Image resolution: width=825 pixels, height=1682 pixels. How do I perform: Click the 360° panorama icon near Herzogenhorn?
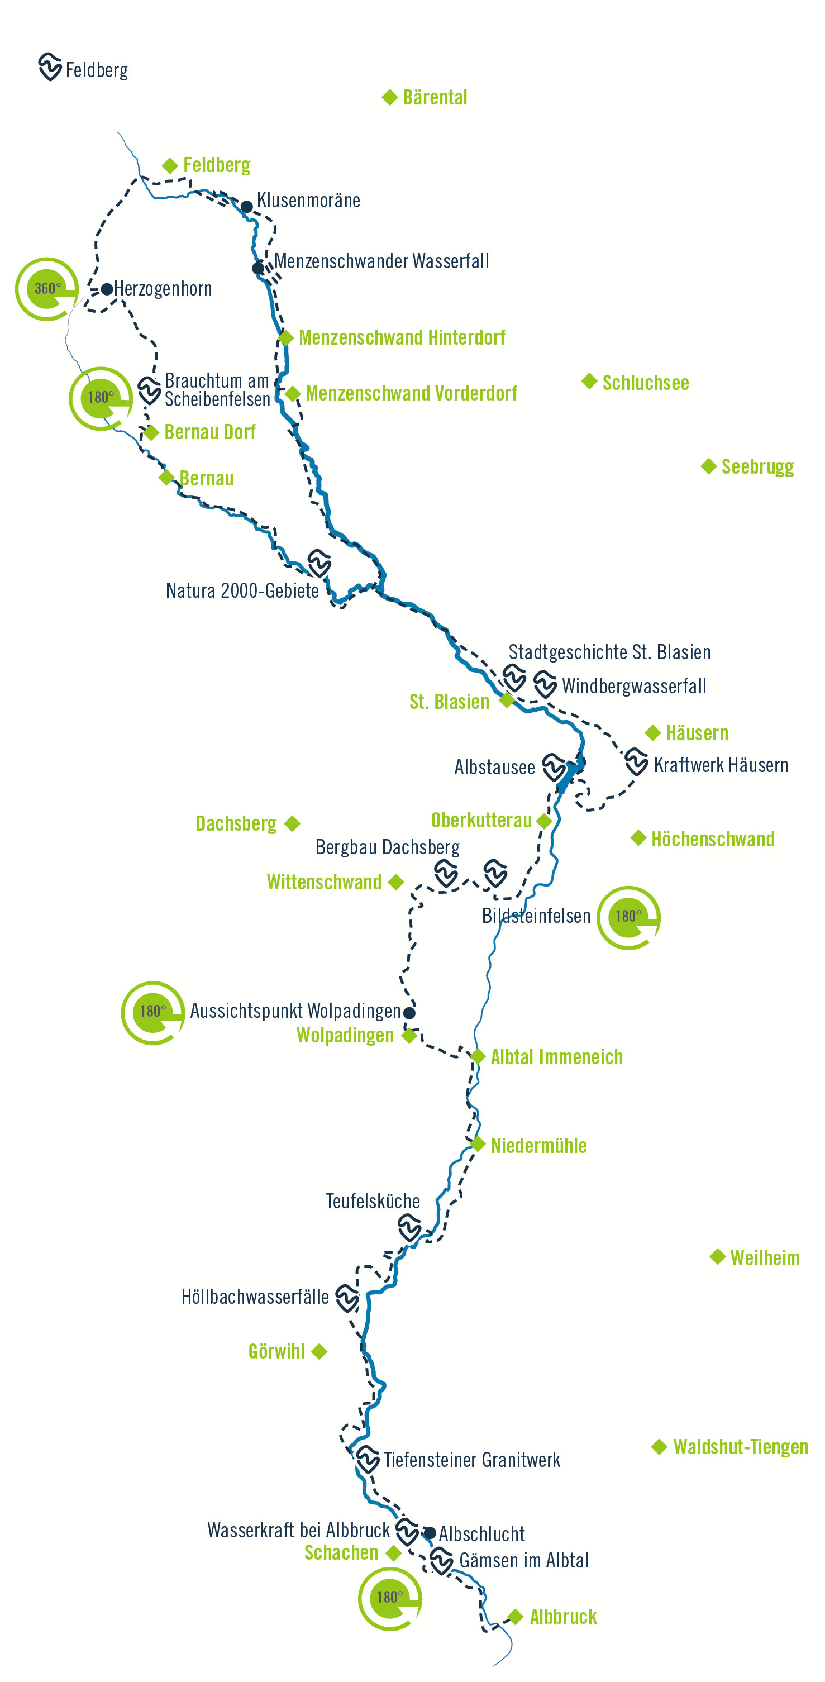click(47, 289)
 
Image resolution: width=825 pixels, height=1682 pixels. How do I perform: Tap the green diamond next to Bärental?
click(390, 97)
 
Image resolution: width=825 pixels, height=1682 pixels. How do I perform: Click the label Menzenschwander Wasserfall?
click(381, 261)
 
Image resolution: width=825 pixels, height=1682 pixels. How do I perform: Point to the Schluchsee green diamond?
click(589, 382)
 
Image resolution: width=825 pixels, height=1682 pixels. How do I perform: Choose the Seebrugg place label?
click(757, 467)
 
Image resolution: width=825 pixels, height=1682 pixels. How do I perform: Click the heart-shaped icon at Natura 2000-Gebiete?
click(319, 563)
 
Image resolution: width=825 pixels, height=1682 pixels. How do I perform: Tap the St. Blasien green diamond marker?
click(507, 701)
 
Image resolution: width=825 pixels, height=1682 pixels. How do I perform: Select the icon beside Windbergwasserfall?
click(545, 684)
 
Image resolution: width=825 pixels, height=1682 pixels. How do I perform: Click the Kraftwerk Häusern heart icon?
click(636, 761)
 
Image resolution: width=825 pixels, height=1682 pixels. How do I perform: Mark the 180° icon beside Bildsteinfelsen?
click(628, 917)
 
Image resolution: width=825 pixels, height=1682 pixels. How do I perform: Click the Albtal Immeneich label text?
click(556, 1057)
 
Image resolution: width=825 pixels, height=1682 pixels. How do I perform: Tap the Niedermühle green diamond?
click(478, 1144)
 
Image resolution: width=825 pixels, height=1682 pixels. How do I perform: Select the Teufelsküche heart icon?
click(410, 1227)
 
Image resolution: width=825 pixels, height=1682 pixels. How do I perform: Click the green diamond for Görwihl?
click(319, 1351)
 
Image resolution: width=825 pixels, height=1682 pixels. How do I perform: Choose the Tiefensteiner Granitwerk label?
click(471, 1460)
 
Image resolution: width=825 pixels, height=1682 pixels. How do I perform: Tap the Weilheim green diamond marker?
click(718, 1257)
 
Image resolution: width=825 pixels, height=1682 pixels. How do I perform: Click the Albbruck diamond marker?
click(516, 1617)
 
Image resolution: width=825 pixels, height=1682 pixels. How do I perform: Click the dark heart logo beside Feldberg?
click(50, 66)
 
